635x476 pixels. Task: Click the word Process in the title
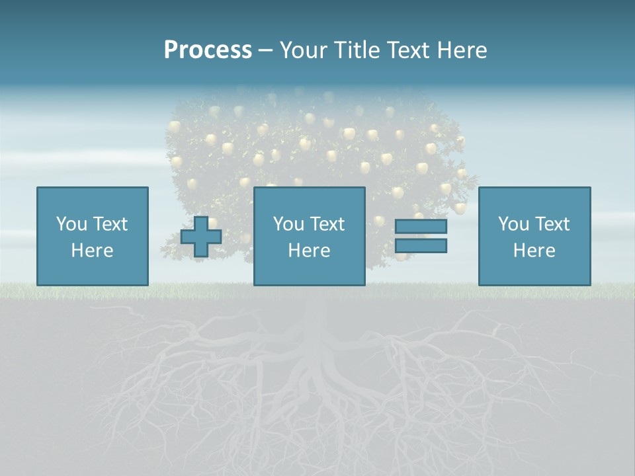tap(208, 50)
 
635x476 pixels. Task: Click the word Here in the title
tap(462, 50)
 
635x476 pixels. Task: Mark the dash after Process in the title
tap(266, 51)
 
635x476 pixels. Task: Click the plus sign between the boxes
tap(201, 237)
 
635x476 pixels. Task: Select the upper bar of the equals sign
tap(421, 227)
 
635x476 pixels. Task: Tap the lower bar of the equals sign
tap(421, 246)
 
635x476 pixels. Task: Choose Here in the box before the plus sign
tap(92, 251)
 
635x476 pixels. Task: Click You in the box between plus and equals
tap(288, 224)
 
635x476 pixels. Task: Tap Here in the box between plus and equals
tap(309, 251)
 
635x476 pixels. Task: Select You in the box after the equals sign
tap(513, 224)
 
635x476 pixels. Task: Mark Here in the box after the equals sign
tap(534, 251)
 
